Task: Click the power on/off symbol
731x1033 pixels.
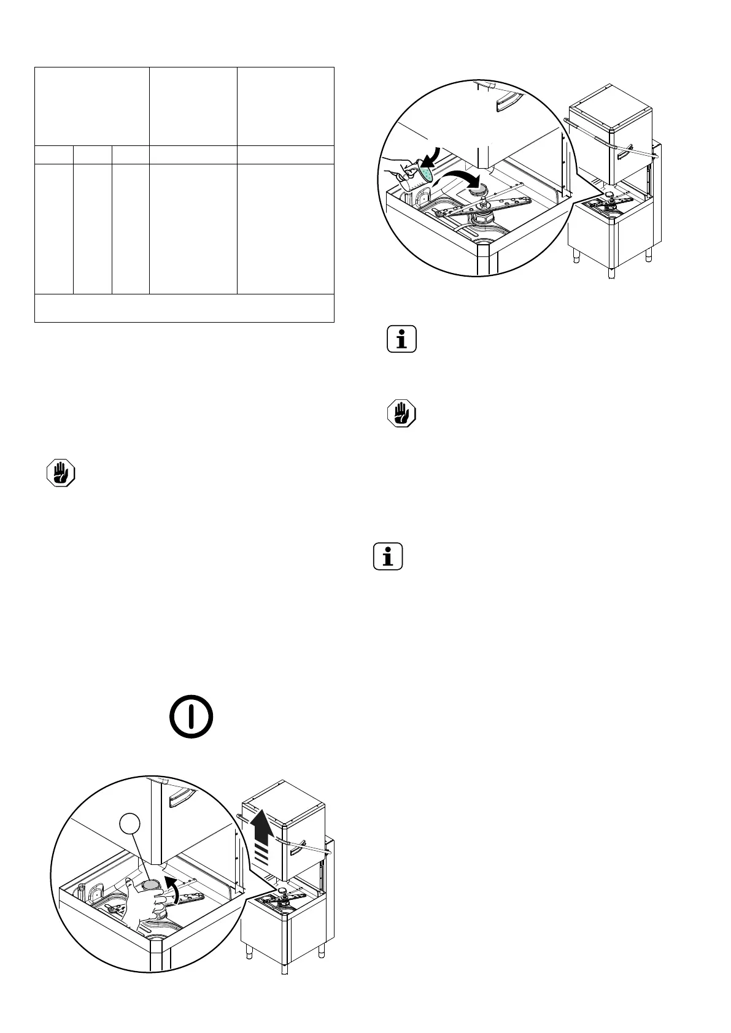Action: (x=191, y=716)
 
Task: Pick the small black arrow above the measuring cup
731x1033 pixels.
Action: (x=438, y=156)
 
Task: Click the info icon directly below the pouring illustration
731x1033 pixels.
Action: (x=402, y=339)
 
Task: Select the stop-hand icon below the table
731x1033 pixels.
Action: (x=61, y=473)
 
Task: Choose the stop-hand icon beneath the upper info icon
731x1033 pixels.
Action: (x=401, y=413)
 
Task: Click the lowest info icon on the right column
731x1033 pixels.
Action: (x=388, y=556)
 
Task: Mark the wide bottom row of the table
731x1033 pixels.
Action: (x=184, y=308)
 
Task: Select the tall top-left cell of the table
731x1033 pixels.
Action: (x=92, y=106)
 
